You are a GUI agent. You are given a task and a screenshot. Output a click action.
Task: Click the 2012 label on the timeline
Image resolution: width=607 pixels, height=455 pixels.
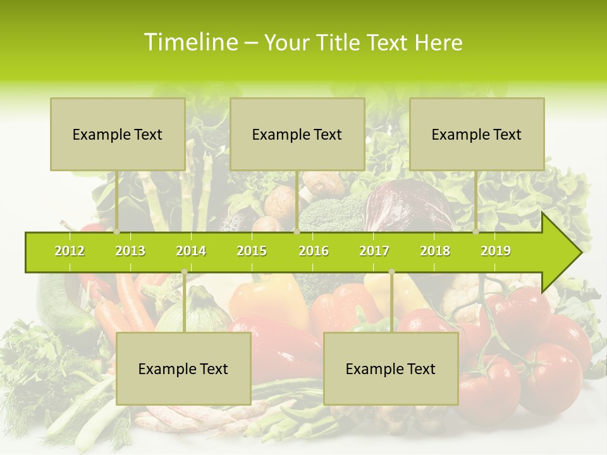click(x=70, y=251)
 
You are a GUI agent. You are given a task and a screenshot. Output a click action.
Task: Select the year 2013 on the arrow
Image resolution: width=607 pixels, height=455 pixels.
click(x=130, y=251)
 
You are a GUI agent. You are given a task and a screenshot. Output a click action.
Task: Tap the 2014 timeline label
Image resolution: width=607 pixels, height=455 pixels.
click(x=191, y=251)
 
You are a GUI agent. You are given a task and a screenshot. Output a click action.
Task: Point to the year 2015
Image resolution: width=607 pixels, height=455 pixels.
click(x=252, y=251)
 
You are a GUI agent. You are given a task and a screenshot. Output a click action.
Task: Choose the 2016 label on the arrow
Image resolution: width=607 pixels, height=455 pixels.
click(x=314, y=251)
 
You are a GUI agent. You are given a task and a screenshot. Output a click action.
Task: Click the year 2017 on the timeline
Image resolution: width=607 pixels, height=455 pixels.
click(x=374, y=251)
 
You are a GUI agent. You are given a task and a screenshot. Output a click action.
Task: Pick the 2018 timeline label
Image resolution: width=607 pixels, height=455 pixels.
click(x=435, y=251)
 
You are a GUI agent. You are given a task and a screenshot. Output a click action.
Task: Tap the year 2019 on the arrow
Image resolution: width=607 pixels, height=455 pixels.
click(x=496, y=251)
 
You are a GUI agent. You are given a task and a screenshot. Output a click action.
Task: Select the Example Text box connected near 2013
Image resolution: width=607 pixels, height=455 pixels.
click(x=118, y=134)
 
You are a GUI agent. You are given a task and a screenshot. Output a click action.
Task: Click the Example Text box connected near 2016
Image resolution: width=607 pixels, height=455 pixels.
click(x=297, y=134)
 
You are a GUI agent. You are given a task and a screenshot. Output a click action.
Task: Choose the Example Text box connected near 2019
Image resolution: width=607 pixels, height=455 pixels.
click(x=477, y=134)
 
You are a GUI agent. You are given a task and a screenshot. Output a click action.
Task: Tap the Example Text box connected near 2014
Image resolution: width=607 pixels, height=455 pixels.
click(x=183, y=368)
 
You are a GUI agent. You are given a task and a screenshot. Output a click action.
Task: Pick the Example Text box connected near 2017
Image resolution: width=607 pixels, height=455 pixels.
click(x=391, y=368)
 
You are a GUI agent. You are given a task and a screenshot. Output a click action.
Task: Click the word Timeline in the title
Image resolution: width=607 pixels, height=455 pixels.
click(x=190, y=42)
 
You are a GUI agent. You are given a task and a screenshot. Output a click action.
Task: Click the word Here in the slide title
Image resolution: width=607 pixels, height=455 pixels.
click(x=439, y=42)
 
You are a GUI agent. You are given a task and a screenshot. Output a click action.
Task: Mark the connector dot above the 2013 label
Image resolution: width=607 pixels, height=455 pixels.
click(x=117, y=232)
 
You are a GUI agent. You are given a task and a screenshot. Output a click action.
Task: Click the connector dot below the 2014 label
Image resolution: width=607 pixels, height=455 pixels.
click(x=184, y=272)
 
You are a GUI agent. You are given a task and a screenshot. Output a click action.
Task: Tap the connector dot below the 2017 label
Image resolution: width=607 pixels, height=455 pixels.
click(x=391, y=272)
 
